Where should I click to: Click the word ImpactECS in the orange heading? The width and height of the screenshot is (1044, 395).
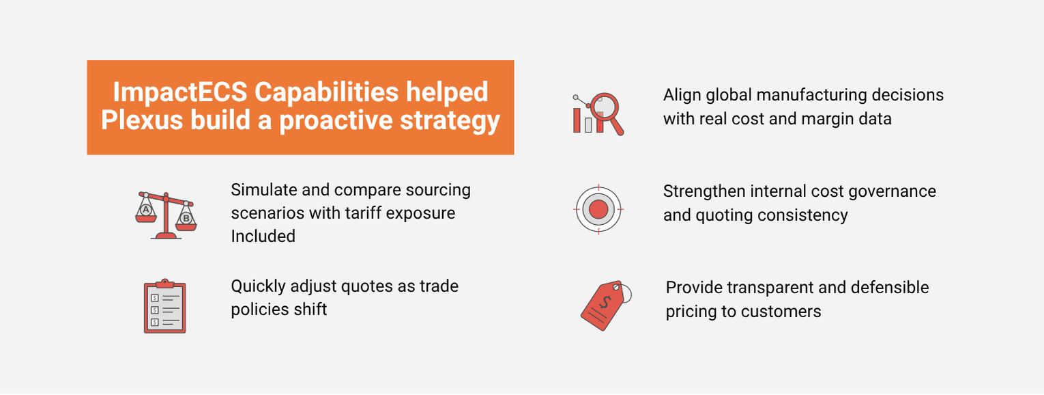coord(180,92)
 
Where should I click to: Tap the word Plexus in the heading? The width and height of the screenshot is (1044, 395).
coord(142,120)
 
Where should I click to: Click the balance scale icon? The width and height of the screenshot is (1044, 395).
coord(166,215)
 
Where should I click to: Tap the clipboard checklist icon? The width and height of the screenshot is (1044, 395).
coord(164,306)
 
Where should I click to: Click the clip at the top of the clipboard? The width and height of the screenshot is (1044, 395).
coord(164,284)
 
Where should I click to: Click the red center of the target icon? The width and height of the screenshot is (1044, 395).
coord(598,209)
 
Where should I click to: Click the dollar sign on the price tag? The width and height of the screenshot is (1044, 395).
coord(605,303)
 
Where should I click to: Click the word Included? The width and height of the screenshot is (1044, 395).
coord(263,236)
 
